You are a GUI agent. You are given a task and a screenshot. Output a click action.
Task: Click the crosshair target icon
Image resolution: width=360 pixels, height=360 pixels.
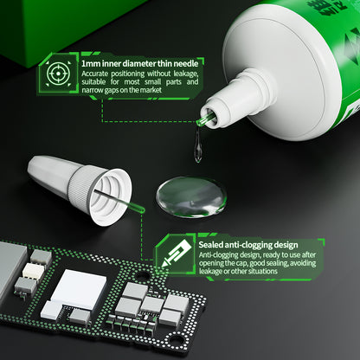[58, 74]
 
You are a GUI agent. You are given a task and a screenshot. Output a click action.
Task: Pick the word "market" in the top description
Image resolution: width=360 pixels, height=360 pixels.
[151, 90]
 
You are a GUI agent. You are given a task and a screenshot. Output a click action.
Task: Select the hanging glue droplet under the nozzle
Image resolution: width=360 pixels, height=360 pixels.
[198, 145]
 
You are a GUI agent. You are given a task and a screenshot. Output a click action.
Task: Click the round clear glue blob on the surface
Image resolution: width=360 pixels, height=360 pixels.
[191, 196]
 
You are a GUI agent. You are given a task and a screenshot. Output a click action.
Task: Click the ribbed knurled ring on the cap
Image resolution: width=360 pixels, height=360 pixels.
[80, 184]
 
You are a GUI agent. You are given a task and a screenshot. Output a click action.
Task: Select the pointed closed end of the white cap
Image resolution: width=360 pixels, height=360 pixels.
[33, 166]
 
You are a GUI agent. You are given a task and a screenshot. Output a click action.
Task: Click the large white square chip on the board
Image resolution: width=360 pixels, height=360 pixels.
[79, 287]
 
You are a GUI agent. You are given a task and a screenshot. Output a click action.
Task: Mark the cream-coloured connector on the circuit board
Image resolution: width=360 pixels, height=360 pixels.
[34, 272]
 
